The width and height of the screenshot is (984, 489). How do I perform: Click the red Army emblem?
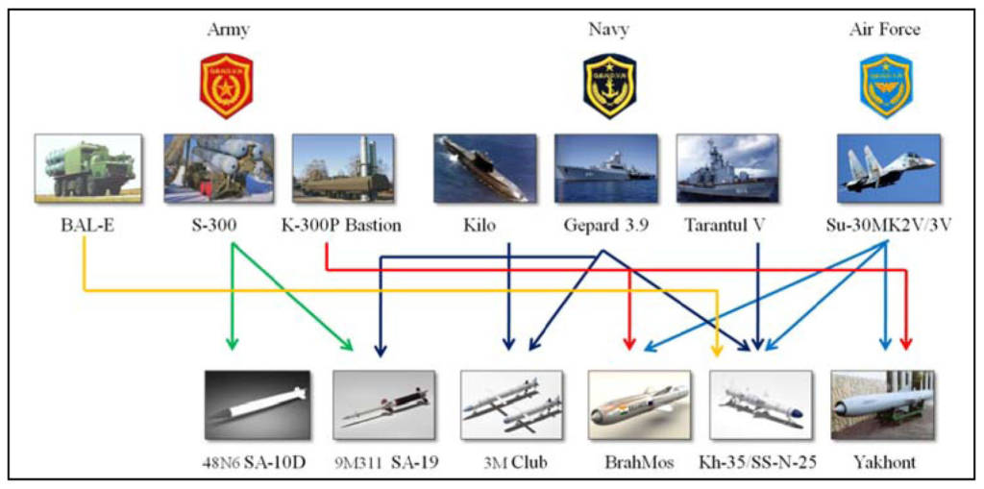226,86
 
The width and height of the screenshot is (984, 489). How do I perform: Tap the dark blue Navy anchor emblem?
609,86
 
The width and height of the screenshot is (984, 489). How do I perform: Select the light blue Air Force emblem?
886,86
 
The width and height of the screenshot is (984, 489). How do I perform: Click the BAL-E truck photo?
87,167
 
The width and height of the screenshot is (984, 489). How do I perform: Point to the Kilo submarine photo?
484,167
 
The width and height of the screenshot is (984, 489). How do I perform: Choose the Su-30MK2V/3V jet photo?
888,167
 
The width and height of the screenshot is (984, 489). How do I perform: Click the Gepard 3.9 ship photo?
605,167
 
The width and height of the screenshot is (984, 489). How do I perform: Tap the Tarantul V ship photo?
726,167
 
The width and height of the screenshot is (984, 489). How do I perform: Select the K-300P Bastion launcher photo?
343,167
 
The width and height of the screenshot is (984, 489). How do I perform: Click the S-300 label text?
214,225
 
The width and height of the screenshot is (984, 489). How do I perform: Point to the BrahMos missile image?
639,404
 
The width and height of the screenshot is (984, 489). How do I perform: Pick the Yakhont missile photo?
882,404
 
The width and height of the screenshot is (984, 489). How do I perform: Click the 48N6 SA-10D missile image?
258,404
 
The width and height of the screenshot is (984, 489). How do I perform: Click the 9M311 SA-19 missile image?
384,404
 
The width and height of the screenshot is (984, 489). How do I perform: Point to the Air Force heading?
884,29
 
